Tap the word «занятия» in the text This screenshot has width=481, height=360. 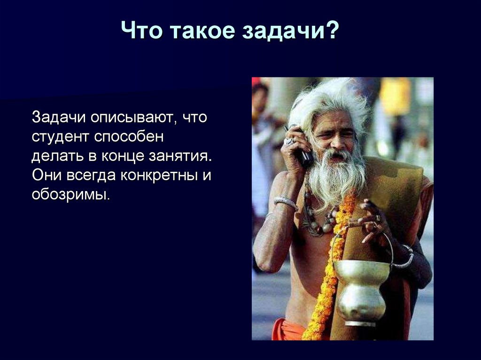coord(188,156)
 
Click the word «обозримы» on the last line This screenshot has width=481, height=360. coord(70,194)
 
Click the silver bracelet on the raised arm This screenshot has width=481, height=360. coord(286,202)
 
